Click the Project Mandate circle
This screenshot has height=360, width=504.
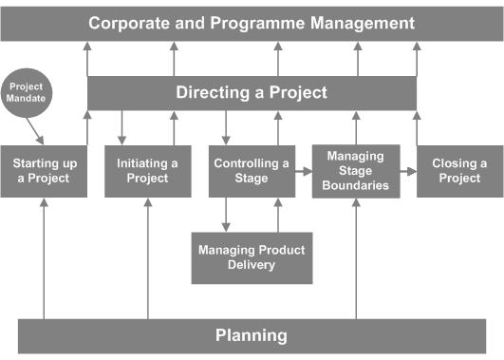(26, 92)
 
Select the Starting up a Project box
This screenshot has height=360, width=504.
(45, 171)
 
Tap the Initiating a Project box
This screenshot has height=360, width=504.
(147, 171)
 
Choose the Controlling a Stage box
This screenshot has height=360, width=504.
(252, 171)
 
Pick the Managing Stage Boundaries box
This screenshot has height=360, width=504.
(356, 170)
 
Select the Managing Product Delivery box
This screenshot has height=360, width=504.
(252, 257)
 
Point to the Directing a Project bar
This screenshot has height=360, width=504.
(252, 93)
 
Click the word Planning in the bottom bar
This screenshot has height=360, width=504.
(252, 335)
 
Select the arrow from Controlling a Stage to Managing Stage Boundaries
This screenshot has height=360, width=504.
(303, 172)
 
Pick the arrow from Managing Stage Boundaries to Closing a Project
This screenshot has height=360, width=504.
(407, 172)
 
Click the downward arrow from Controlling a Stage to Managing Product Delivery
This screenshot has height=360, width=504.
(226, 215)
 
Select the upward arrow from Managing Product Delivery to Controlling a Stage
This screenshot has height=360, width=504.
(278, 215)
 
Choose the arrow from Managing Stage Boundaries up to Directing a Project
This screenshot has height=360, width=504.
(356, 126)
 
